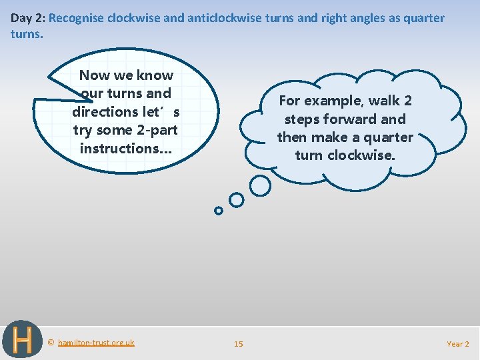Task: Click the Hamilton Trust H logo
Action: click(x=22, y=340)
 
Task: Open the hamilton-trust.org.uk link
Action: click(x=96, y=343)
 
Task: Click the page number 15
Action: click(x=238, y=344)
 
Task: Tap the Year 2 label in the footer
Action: click(x=457, y=344)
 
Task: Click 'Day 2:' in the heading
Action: click(x=27, y=18)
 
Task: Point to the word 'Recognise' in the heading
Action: click(x=77, y=18)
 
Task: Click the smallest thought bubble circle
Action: click(x=218, y=211)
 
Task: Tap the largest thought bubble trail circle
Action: click(x=260, y=186)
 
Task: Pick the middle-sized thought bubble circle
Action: click(x=236, y=199)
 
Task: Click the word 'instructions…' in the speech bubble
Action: click(x=125, y=148)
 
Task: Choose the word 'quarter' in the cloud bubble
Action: click(x=387, y=137)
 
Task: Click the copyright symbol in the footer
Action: click(x=51, y=343)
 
